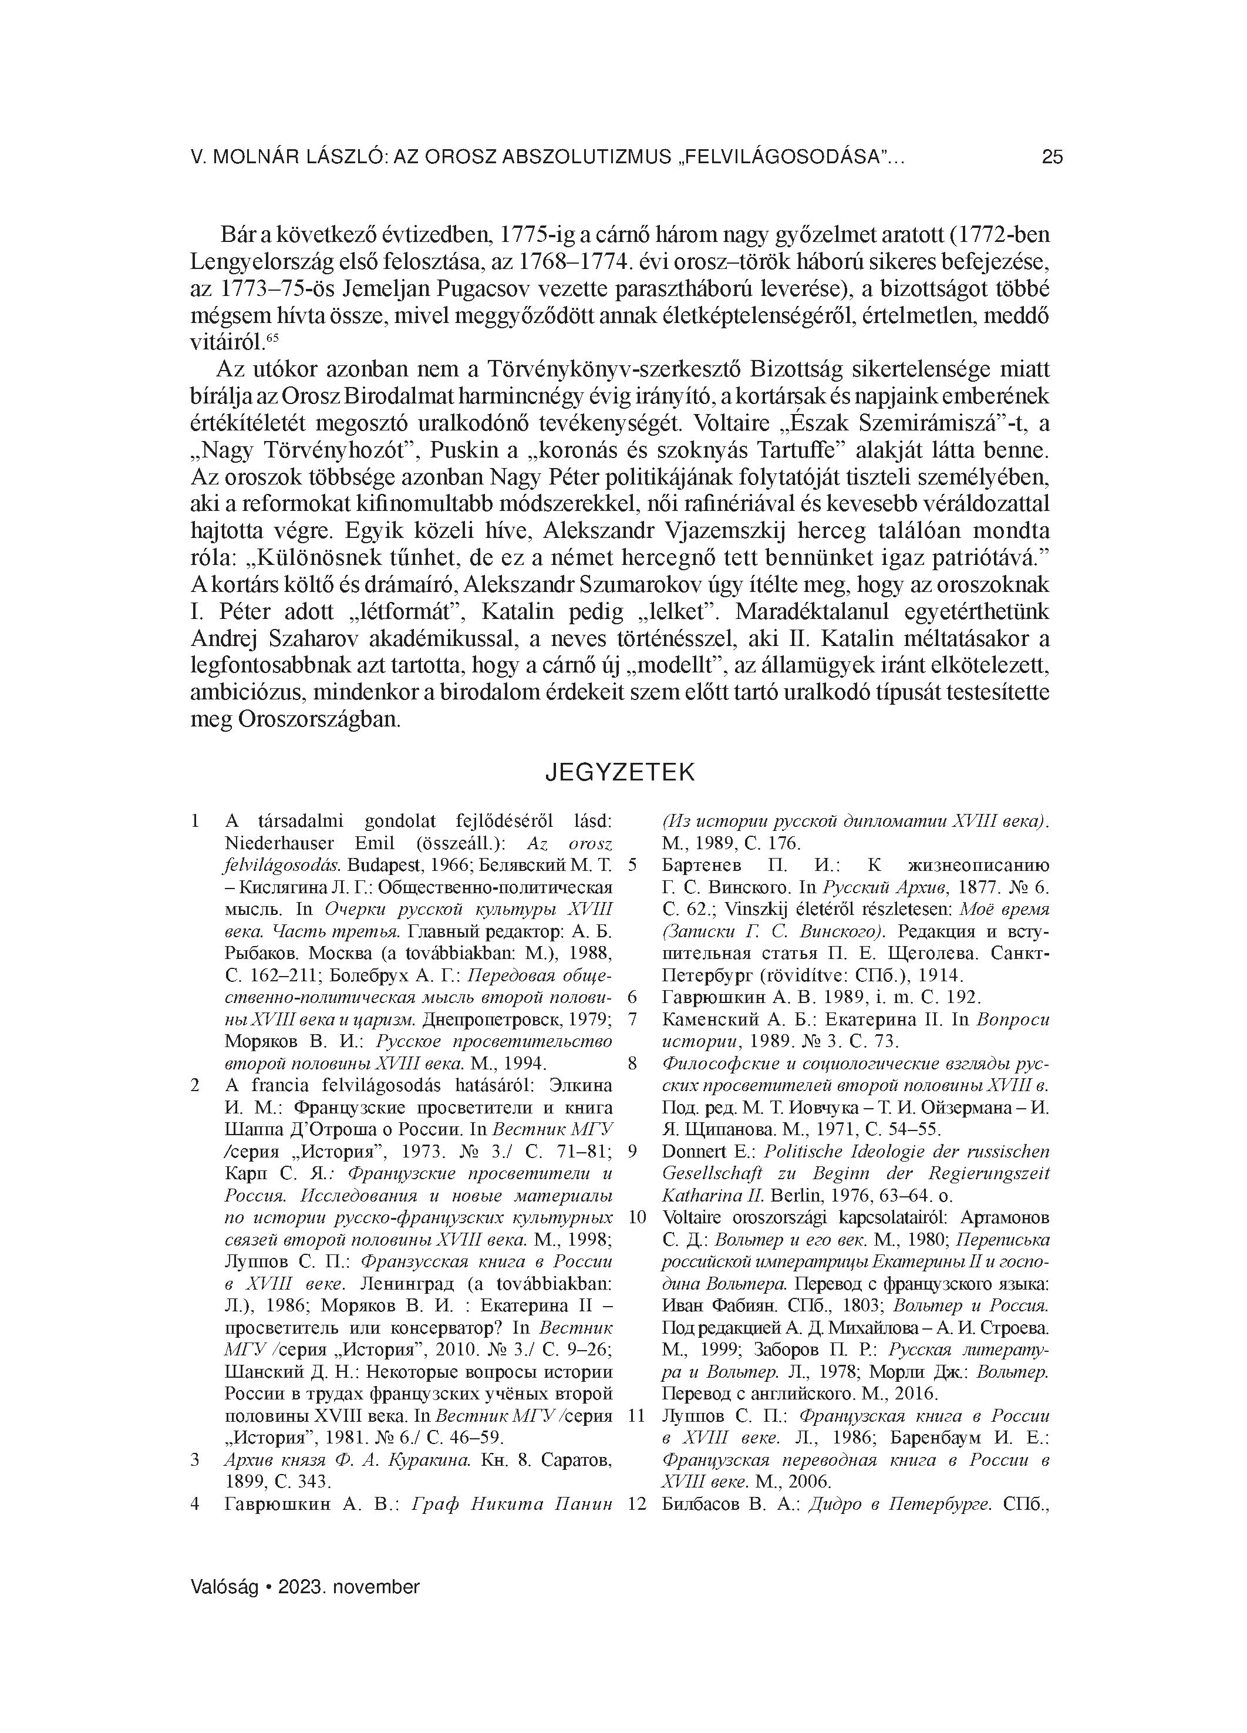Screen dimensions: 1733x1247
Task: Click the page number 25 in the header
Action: tap(1051, 157)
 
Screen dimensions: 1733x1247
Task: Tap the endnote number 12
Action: tap(636, 1505)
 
